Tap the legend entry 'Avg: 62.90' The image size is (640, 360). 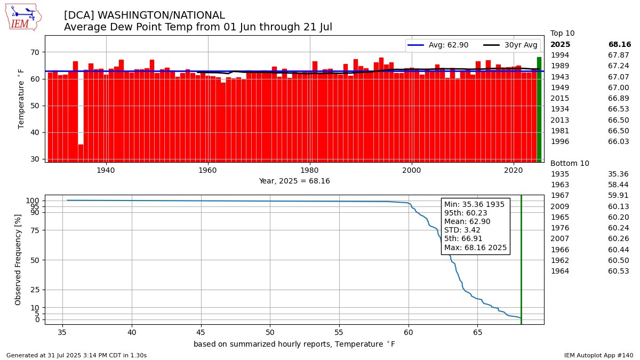tap(438, 45)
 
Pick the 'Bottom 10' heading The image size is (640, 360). tap(570, 163)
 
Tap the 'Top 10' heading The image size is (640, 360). tap(562, 33)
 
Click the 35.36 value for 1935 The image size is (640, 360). tap(618, 174)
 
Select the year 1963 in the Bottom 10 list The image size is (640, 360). tap(559, 185)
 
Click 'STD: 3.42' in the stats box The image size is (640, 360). tap(462, 230)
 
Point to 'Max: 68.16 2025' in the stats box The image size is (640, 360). tap(475, 247)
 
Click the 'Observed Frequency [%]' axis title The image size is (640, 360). tap(18, 259)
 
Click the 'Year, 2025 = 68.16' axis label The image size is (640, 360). tap(294, 181)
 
